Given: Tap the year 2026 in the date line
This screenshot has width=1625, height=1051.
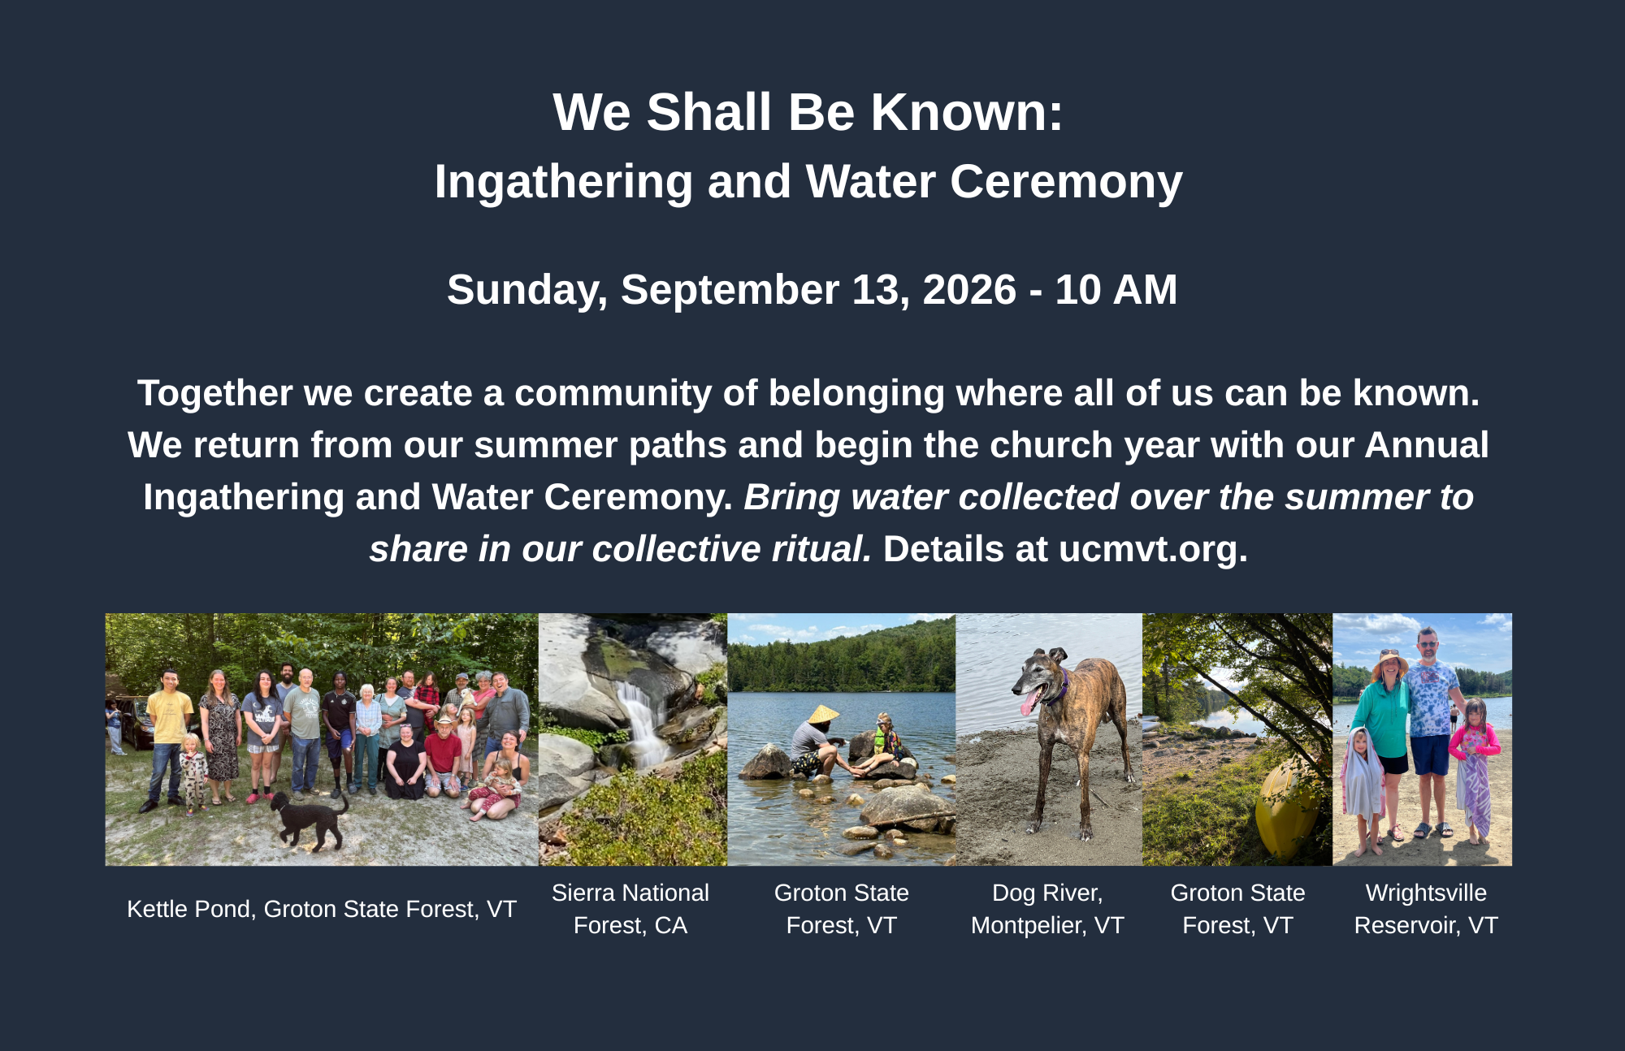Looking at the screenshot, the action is pos(969,290).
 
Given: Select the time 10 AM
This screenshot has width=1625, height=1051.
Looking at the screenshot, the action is pos(1116,290).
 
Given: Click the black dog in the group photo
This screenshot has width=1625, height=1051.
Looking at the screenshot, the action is pos(309,819).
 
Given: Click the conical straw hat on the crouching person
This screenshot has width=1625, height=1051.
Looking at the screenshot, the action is pos(823,715).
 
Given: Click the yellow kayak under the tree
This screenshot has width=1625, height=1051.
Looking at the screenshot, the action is pos(1285,812).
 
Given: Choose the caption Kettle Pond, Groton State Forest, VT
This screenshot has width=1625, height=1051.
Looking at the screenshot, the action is pos(322,909).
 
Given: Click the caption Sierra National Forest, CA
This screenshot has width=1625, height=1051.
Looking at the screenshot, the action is pos(630,909).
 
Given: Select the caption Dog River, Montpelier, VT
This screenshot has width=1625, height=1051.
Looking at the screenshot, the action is pos(1047,909).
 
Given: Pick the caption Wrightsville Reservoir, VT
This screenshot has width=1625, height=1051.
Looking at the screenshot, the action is pos(1426,909).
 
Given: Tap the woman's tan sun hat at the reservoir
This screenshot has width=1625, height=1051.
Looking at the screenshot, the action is pos(1390,661).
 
